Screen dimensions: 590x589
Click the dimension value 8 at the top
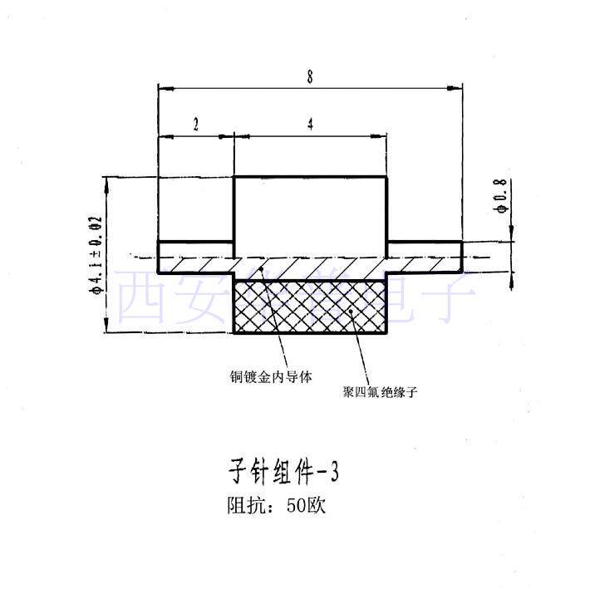point(309,77)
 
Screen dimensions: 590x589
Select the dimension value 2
point(195,125)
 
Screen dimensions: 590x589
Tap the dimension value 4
point(310,125)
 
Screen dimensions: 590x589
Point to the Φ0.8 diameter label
point(500,198)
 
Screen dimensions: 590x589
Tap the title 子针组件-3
point(283,473)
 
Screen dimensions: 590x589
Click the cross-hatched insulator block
point(312,307)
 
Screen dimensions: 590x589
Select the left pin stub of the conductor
point(196,250)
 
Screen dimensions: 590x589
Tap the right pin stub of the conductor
point(425,250)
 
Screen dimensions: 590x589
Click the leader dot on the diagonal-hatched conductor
point(261,269)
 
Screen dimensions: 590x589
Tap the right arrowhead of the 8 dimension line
point(458,86)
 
